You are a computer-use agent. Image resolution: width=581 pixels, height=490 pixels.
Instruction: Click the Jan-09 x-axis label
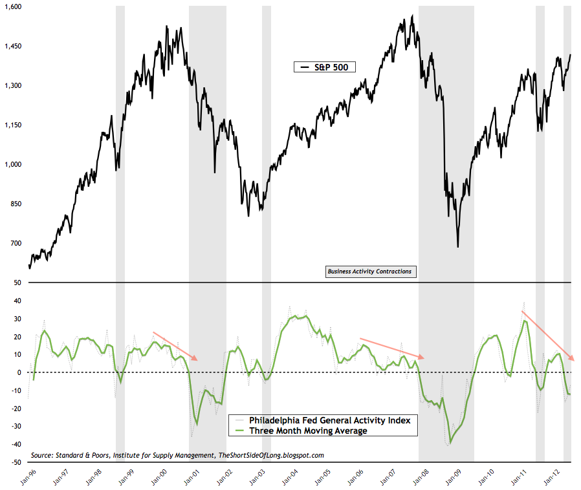450,476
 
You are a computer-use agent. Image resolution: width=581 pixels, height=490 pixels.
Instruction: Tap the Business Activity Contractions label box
370,272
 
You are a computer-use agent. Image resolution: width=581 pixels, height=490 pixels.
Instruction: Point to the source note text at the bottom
177,455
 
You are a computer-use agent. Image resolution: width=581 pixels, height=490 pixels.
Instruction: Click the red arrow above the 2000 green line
175,346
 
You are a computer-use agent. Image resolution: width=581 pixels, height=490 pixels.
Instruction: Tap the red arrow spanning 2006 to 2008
392,348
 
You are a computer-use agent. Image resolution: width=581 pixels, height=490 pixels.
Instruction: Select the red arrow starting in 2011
547,336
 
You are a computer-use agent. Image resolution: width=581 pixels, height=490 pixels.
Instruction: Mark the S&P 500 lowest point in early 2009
457,246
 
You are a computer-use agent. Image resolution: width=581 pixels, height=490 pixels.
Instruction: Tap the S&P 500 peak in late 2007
412,16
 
